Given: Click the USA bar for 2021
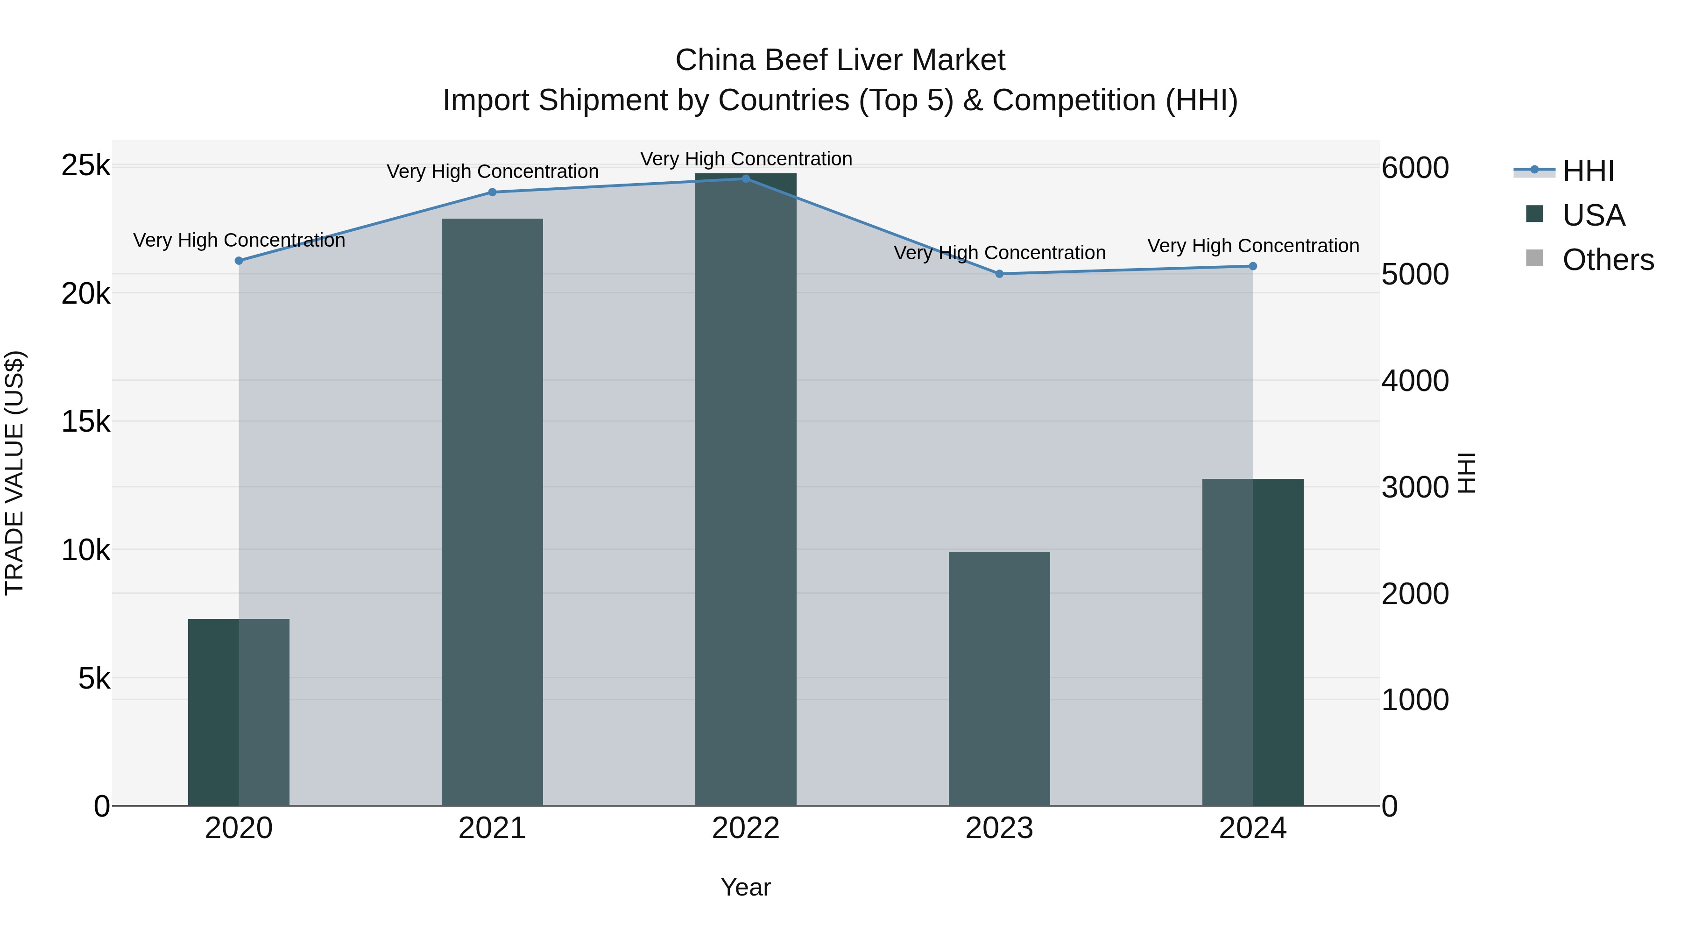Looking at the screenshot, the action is coord(492,512).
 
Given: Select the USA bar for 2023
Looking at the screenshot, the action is coord(999,679).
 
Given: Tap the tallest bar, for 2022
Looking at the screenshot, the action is coord(745,490).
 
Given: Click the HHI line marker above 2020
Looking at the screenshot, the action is coord(239,261).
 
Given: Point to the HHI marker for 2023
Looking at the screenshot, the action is coord(999,274).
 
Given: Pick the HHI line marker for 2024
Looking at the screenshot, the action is coord(1252,266).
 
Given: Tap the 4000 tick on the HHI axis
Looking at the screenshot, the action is coord(1415,381).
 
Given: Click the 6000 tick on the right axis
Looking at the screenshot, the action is coord(1415,168).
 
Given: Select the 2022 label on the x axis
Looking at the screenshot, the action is coord(745,828).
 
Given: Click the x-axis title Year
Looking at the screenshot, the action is coord(745,887).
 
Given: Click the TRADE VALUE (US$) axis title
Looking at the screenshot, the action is coord(14,473).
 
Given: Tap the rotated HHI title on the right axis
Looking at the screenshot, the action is coord(1466,473).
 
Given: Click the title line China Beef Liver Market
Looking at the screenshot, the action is coord(840,60).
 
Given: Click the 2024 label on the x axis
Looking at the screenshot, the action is coord(1252,828).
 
